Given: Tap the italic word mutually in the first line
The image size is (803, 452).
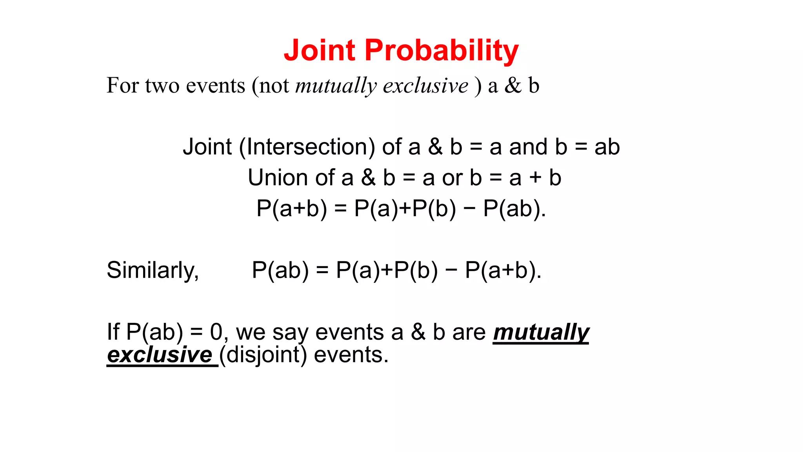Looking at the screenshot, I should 336,86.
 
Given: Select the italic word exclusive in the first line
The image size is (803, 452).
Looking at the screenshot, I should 425,86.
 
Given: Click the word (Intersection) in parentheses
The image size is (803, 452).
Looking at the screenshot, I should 307,147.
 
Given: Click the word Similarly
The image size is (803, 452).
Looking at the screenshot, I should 153,270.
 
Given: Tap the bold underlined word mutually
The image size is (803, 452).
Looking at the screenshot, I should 541,332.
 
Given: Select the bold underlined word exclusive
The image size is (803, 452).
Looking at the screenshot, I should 160,355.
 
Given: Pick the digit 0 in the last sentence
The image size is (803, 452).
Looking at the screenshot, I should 216,332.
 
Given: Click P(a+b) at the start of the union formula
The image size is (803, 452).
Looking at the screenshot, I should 291,208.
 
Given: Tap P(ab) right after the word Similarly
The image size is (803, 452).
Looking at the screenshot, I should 280,270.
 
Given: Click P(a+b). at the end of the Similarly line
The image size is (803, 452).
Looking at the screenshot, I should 503,270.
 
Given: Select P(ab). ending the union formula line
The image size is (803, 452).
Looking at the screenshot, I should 514,208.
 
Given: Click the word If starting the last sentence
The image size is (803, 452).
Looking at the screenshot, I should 113,332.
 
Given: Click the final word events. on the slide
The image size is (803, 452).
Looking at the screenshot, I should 351,355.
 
